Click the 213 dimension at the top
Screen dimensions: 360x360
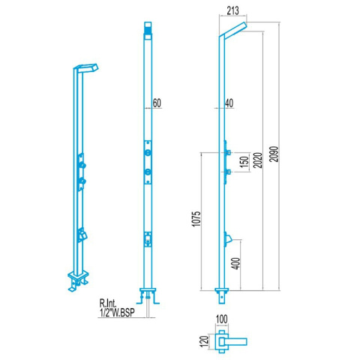pyautogui.click(x=232, y=10)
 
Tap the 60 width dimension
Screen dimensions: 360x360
pyautogui.click(x=157, y=103)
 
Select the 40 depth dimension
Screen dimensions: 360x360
pyautogui.click(x=229, y=103)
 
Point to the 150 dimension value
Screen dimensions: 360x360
pyautogui.click(x=244, y=162)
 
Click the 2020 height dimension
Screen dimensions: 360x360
pyautogui.click(x=258, y=160)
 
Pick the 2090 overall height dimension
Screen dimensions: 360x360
pyautogui.click(x=274, y=154)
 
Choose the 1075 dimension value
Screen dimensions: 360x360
pyautogui.click(x=196, y=219)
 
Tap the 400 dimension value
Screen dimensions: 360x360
pyautogui.click(x=236, y=263)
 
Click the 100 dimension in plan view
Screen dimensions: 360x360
pyautogui.click(x=222, y=319)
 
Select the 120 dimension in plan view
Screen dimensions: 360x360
pyautogui.click(x=204, y=341)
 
